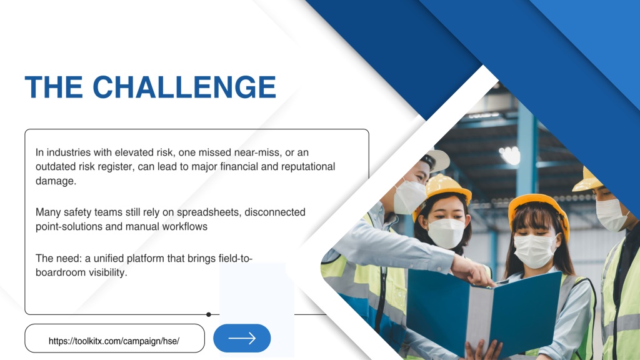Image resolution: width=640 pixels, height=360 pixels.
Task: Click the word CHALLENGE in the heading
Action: (184, 86)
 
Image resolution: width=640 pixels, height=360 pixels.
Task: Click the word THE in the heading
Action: (54, 86)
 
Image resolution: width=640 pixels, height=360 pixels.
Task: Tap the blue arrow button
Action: (242, 338)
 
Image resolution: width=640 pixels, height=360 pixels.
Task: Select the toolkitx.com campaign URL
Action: (114, 341)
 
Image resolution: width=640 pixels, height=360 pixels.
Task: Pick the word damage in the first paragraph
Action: (56, 181)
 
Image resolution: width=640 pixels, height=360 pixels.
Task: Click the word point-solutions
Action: (69, 227)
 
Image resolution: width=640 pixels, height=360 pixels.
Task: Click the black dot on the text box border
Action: (209, 314)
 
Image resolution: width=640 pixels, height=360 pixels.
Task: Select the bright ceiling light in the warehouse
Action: (510, 155)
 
